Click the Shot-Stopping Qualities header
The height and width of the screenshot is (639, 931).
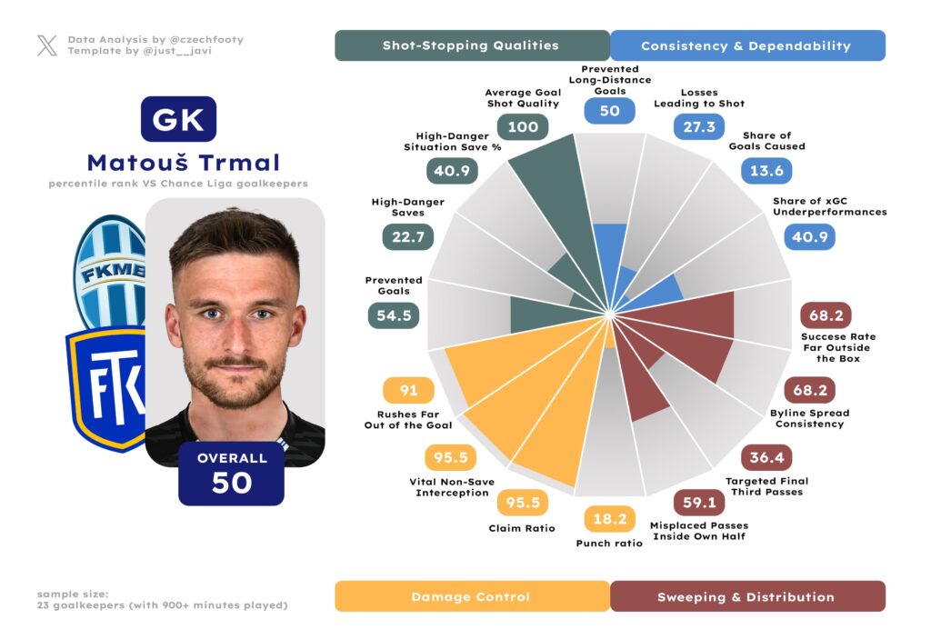472,45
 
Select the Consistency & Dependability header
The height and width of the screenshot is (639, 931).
746,45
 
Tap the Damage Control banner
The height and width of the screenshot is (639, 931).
472,596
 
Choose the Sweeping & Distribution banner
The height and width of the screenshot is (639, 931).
746,596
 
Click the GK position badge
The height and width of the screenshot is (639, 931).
178,119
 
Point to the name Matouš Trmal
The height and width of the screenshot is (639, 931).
184,164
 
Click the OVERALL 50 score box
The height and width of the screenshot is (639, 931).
232,474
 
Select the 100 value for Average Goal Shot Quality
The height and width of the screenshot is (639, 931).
523,126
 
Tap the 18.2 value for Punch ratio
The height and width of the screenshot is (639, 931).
609,519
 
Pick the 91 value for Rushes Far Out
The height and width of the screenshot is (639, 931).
409,391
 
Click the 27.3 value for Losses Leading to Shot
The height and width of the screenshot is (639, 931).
699,126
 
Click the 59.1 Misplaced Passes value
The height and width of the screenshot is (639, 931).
699,503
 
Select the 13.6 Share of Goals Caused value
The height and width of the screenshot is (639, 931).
767,170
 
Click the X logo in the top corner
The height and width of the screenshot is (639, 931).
47,45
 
